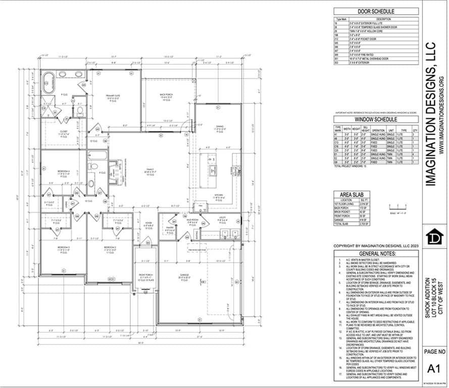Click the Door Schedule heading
coord(376,12)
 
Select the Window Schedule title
coord(376,119)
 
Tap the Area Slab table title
coord(352,194)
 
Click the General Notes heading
coord(376,254)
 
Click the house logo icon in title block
coord(434,237)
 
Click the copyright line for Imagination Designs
coord(376,246)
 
